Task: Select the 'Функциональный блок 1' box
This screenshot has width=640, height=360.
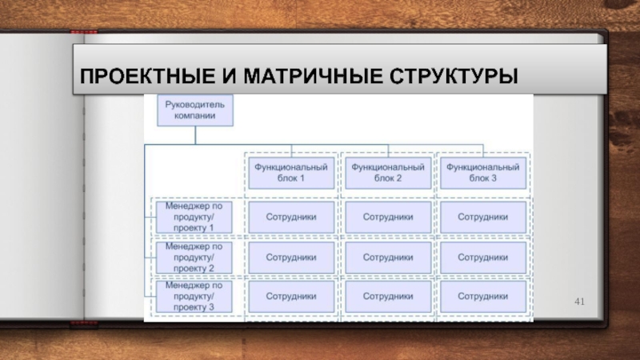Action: point(290,173)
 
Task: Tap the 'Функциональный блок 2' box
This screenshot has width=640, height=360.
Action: point(388,173)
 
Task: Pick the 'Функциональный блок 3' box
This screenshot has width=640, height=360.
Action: point(482,173)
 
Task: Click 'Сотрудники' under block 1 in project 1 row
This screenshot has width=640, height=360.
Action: point(290,216)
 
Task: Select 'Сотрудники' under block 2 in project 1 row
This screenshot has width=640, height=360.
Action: point(388,216)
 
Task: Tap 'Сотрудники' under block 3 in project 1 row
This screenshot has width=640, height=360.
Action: point(482,216)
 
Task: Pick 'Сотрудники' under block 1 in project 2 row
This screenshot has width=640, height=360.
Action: point(290,258)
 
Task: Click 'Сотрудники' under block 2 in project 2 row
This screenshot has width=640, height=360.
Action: point(388,258)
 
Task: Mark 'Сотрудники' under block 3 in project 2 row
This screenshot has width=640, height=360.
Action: point(482,258)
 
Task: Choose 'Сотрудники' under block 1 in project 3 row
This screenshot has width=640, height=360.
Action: point(290,296)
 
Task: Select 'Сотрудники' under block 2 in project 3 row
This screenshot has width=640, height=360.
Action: point(388,296)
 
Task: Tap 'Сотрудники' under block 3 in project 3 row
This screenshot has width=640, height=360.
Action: point(482,296)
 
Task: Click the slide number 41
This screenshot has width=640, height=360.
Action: point(581,302)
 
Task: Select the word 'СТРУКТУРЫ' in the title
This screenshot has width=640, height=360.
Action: point(454,78)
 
